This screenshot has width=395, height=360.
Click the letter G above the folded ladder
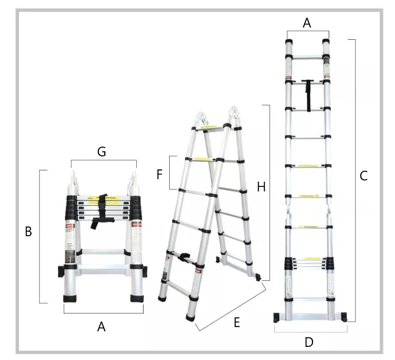click(x=101, y=152)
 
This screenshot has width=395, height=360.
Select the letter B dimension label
click(x=28, y=232)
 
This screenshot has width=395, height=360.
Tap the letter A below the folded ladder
click(x=101, y=326)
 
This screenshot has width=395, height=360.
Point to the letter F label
click(x=160, y=174)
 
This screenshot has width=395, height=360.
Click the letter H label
click(x=261, y=187)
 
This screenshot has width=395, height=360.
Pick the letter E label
click(x=237, y=323)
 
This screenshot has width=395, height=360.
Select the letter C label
click(x=364, y=176)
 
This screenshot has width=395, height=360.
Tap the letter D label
click(x=309, y=342)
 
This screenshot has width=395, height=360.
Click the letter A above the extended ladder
click(x=307, y=23)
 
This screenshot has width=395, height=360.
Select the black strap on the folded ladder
click(x=100, y=211)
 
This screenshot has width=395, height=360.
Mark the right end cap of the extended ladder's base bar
click(x=344, y=317)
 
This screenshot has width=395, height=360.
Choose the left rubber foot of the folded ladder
click(x=70, y=298)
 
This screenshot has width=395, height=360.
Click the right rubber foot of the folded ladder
click(x=137, y=298)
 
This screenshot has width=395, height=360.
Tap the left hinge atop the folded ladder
click(x=73, y=182)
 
